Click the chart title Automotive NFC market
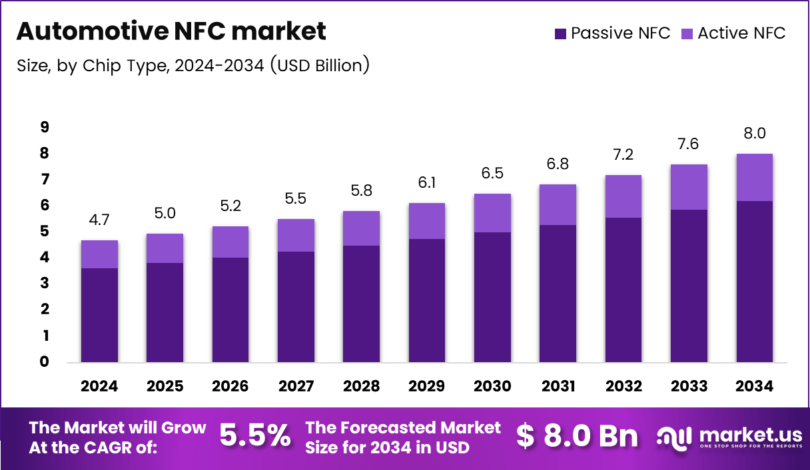[x=171, y=31]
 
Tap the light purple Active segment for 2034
[x=754, y=177]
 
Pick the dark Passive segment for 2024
[x=99, y=315]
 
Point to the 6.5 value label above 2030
[x=492, y=173]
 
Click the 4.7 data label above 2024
[x=99, y=220]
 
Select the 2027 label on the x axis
[x=296, y=387]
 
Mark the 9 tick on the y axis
[x=44, y=127]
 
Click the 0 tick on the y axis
[x=44, y=362]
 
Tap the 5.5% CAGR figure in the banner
[x=255, y=436]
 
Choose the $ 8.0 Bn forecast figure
[x=577, y=436]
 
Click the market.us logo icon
[x=674, y=437]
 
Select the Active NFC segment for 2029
[x=427, y=221]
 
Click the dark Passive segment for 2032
[x=623, y=290]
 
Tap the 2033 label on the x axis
[x=689, y=387]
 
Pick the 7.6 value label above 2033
[x=689, y=144]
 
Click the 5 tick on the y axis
[x=44, y=232]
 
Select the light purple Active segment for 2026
[x=230, y=242]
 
